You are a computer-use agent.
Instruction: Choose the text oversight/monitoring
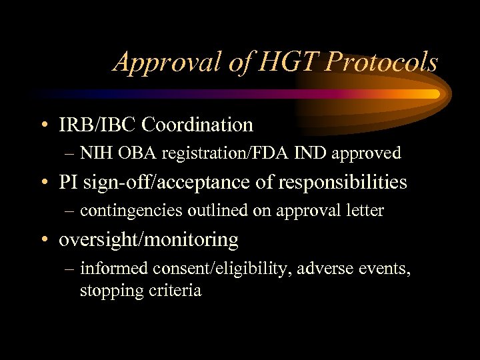pos(148,240)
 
